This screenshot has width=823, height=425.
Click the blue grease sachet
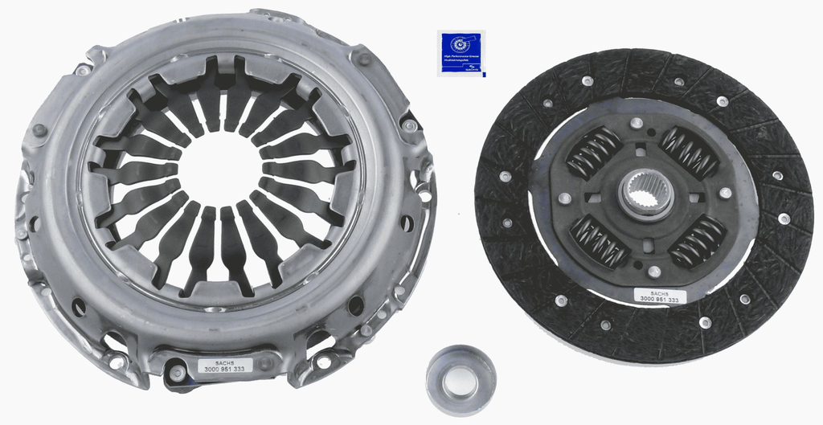click(x=461, y=53)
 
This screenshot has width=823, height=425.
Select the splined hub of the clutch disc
click(x=646, y=193)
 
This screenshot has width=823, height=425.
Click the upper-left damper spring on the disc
click(x=594, y=153)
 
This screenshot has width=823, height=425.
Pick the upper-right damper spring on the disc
click(x=690, y=152)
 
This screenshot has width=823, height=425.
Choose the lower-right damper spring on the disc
click(x=697, y=242)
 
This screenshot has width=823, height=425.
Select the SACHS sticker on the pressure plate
click(x=225, y=366)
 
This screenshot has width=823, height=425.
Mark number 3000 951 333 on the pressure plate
click(x=225, y=370)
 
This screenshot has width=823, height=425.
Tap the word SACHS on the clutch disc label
click(x=657, y=292)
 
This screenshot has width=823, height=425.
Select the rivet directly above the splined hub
click(x=637, y=124)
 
